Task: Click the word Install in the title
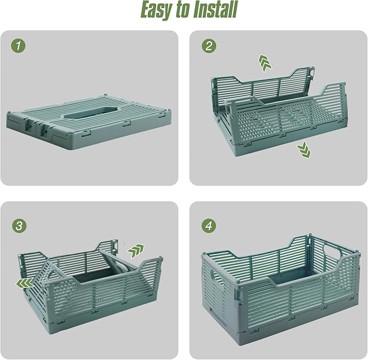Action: click(x=214, y=10)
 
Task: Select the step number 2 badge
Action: click(x=208, y=46)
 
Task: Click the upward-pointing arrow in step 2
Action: click(x=265, y=63)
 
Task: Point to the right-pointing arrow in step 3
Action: click(x=135, y=250)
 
